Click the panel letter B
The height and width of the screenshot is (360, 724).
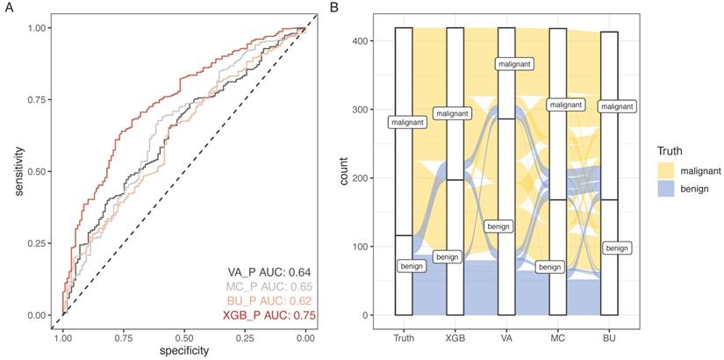tap(333, 7)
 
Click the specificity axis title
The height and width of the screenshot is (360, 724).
tap(183, 350)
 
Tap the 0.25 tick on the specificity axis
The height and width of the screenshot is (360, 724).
tap(244, 335)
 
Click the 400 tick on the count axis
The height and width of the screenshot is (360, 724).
tap(359, 41)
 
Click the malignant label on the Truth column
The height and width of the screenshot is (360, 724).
tap(405, 122)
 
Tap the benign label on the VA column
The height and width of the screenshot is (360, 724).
tap(498, 226)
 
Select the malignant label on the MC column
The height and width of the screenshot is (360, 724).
tap(565, 104)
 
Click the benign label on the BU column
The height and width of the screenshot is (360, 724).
tap(617, 248)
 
